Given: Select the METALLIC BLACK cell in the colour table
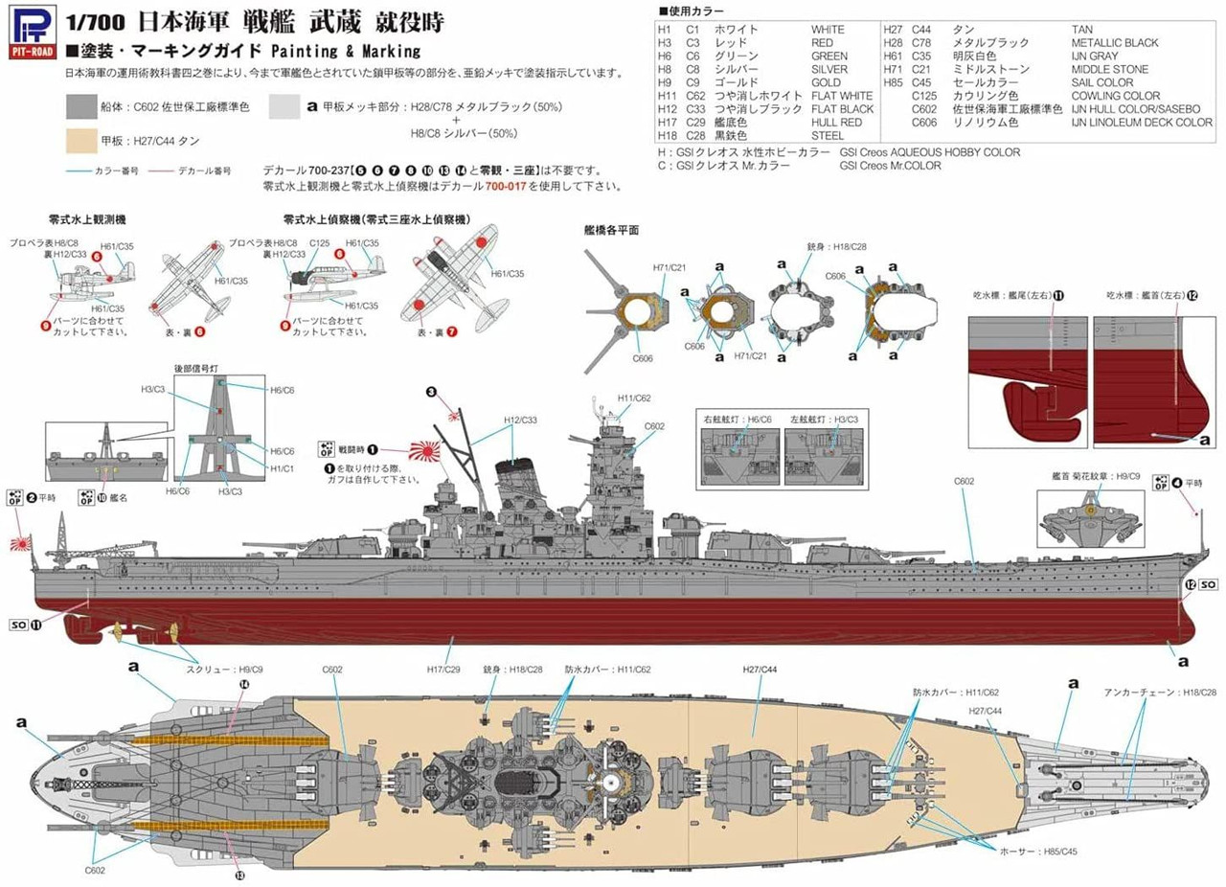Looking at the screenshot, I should click(x=1115, y=43).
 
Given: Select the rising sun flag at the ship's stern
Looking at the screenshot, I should click(x=21, y=543).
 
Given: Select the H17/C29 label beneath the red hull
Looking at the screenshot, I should click(x=445, y=671).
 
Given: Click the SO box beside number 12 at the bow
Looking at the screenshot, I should click(x=1208, y=584).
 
